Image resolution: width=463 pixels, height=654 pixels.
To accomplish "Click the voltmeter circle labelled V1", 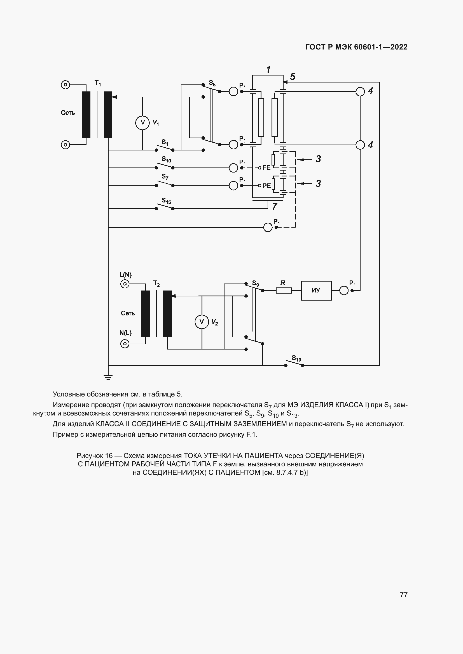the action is click(x=142, y=123).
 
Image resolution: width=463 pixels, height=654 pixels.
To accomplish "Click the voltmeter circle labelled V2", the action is click(x=202, y=322).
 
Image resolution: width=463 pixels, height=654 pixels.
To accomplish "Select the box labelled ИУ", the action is click(x=316, y=290).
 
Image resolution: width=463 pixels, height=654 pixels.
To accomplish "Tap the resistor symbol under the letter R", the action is click(x=284, y=291).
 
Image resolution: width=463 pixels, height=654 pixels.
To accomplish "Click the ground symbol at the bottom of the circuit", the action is click(x=108, y=377).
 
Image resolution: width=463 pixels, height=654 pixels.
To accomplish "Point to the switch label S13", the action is click(x=296, y=358).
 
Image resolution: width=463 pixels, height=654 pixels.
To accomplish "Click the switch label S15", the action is click(x=166, y=201).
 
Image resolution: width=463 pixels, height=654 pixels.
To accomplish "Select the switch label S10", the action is click(x=166, y=159).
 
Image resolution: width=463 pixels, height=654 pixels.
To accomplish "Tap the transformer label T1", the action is click(x=98, y=83).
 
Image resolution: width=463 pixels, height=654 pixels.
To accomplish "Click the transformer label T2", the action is click(x=156, y=284).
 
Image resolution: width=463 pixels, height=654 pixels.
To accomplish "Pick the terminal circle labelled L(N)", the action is click(x=125, y=284).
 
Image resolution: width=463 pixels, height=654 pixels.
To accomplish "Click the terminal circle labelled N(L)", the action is click(x=125, y=344).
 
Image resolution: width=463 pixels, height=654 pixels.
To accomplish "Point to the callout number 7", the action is click(x=275, y=206).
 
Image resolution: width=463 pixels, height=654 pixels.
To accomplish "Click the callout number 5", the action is click(x=293, y=77).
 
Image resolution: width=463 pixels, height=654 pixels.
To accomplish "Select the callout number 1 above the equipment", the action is click(x=268, y=70).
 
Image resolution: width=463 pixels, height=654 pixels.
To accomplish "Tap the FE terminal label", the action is click(x=266, y=167).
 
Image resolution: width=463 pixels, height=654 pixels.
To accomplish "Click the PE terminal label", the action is click(x=266, y=186).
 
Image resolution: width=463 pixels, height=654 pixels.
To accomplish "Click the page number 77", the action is click(x=404, y=595).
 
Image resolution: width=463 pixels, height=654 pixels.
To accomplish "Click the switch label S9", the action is click(x=256, y=284).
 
